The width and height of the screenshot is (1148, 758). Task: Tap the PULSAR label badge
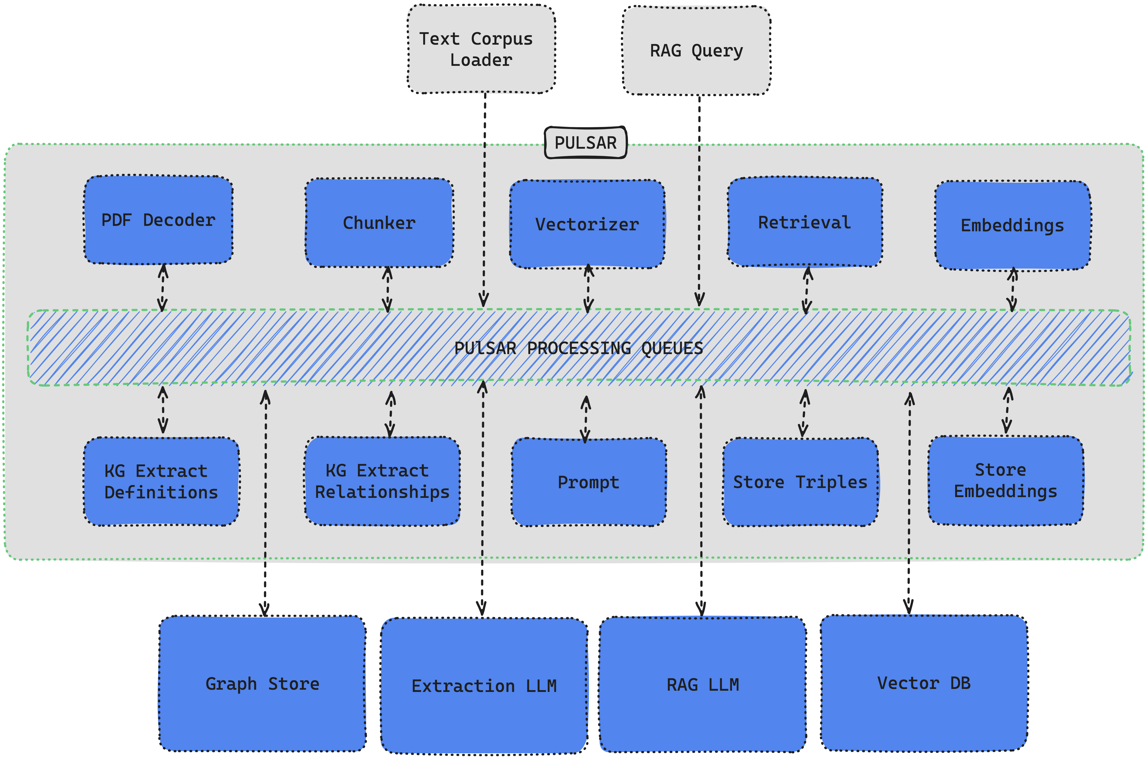585,143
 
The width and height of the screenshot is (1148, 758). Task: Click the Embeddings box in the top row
1012,225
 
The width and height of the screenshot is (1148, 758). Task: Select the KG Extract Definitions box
161,482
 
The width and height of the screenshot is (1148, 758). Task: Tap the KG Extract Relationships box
382,481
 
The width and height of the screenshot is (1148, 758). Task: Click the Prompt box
588,482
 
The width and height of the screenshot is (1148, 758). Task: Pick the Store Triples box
800,482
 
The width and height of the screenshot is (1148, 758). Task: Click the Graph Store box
262,684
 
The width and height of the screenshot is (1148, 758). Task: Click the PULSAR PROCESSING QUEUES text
579,348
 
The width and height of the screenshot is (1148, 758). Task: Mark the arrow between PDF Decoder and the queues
163,288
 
